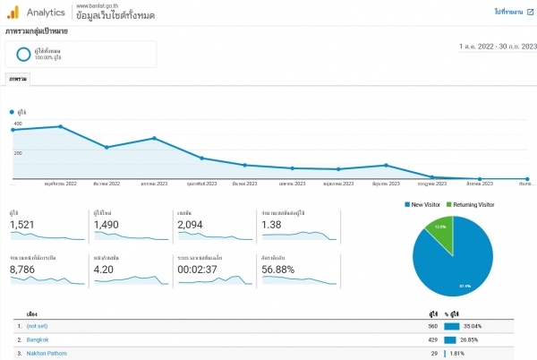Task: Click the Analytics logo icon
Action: click(x=13, y=13)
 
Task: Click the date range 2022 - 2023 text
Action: click(x=497, y=46)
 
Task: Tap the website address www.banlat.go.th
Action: click(x=98, y=5)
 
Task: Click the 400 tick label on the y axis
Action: click(x=18, y=123)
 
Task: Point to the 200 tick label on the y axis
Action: click(x=18, y=153)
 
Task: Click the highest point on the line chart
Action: click(x=60, y=126)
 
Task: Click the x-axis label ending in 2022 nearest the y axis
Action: click(x=61, y=184)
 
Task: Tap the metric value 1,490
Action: click(x=107, y=225)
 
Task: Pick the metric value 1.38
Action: click(x=272, y=225)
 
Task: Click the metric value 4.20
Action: click(x=104, y=268)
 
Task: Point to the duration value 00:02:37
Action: click(x=198, y=268)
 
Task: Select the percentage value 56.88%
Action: click(x=280, y=268)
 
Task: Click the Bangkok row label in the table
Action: click(x=38, y=340)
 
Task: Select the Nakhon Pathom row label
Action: click(x=47, y=354)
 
